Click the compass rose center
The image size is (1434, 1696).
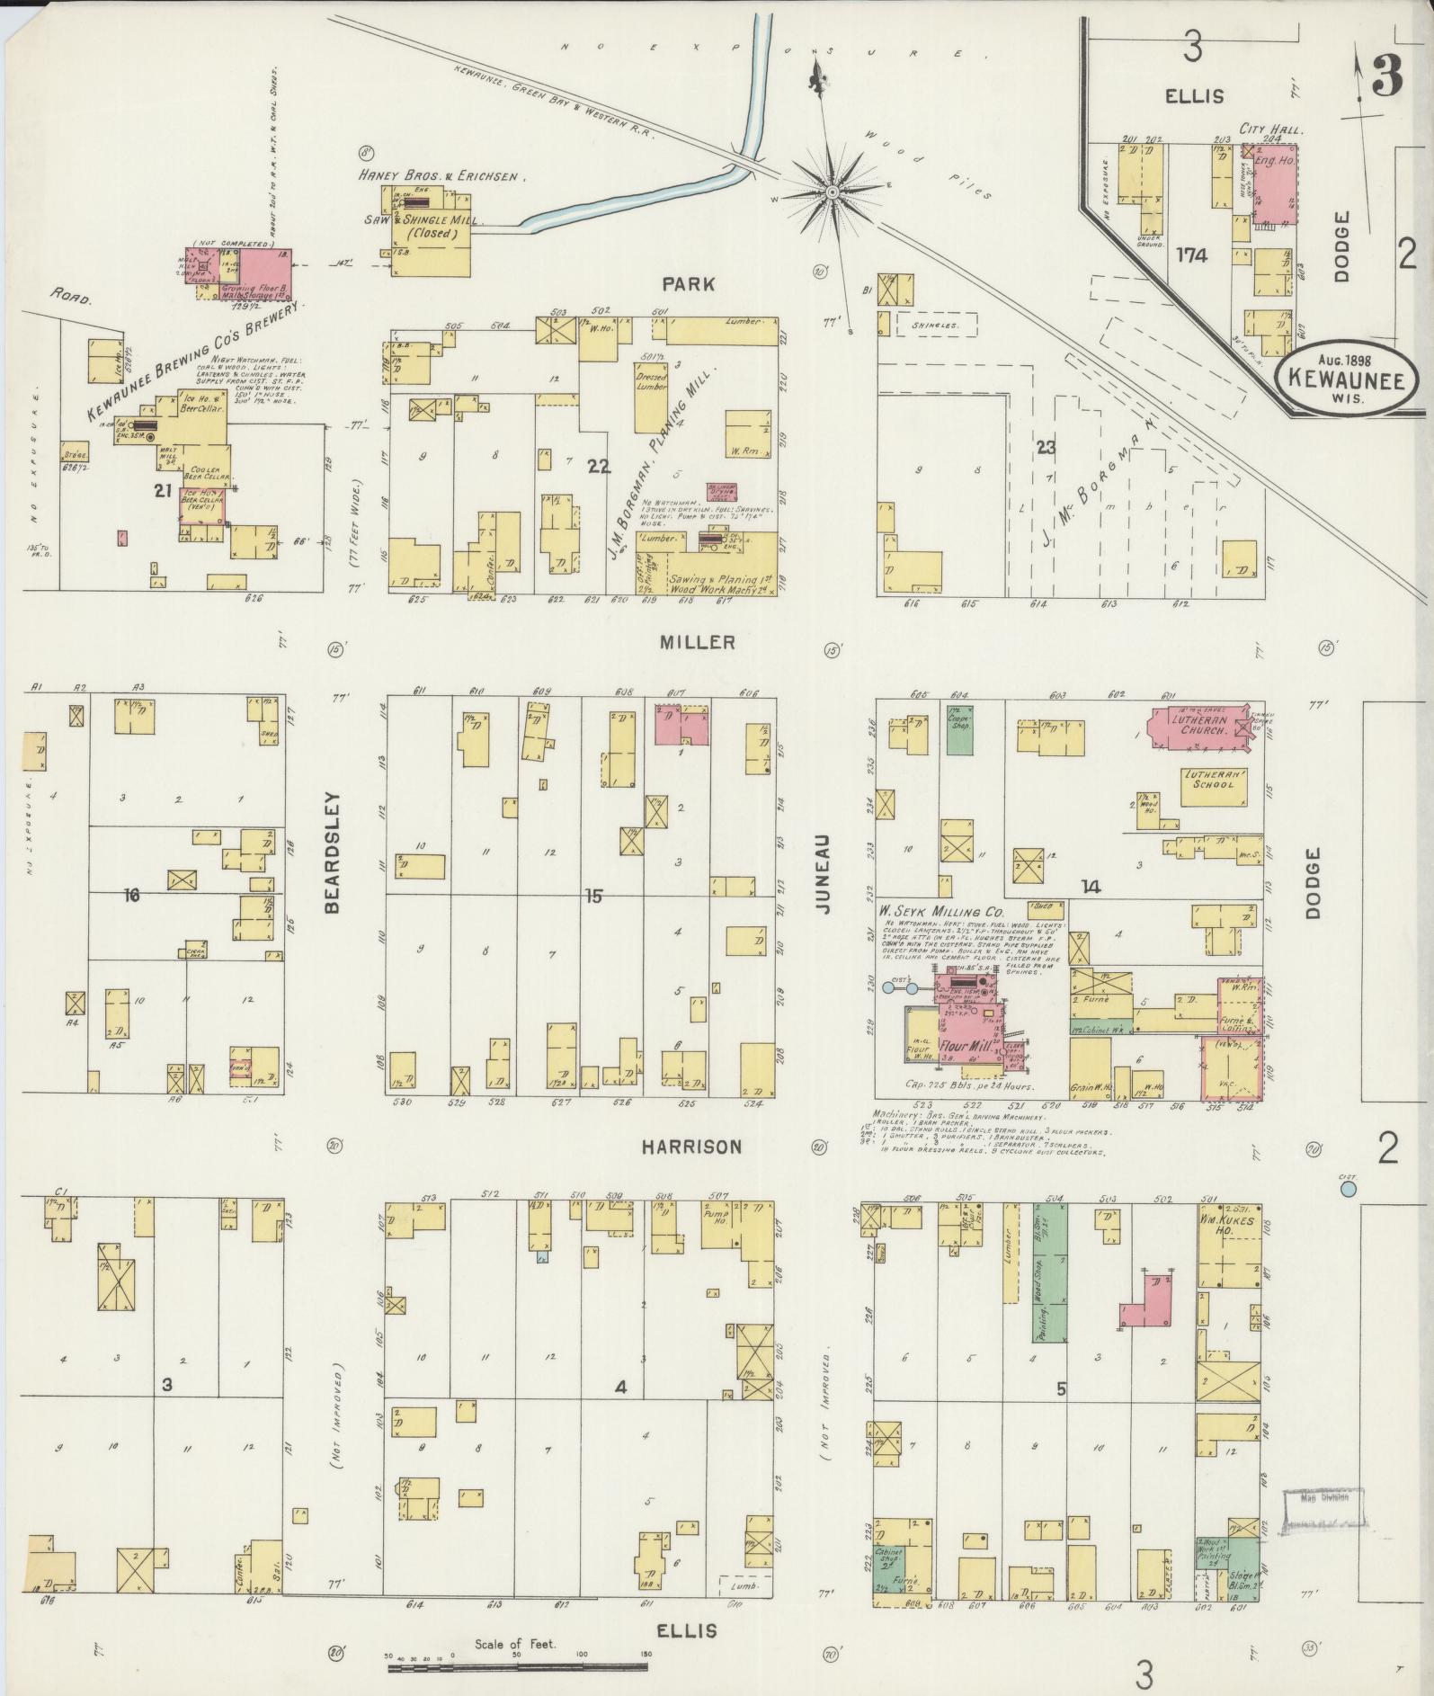point(833,192)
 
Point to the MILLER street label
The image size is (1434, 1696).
point(697,642)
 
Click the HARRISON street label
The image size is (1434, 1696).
point(691,1147)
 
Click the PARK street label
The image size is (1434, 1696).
point(689,284)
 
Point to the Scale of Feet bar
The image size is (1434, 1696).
point(518,1666)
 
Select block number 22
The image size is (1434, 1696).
point(598,465)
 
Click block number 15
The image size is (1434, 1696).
point(592,896)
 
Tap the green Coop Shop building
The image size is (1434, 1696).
point(960,732)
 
